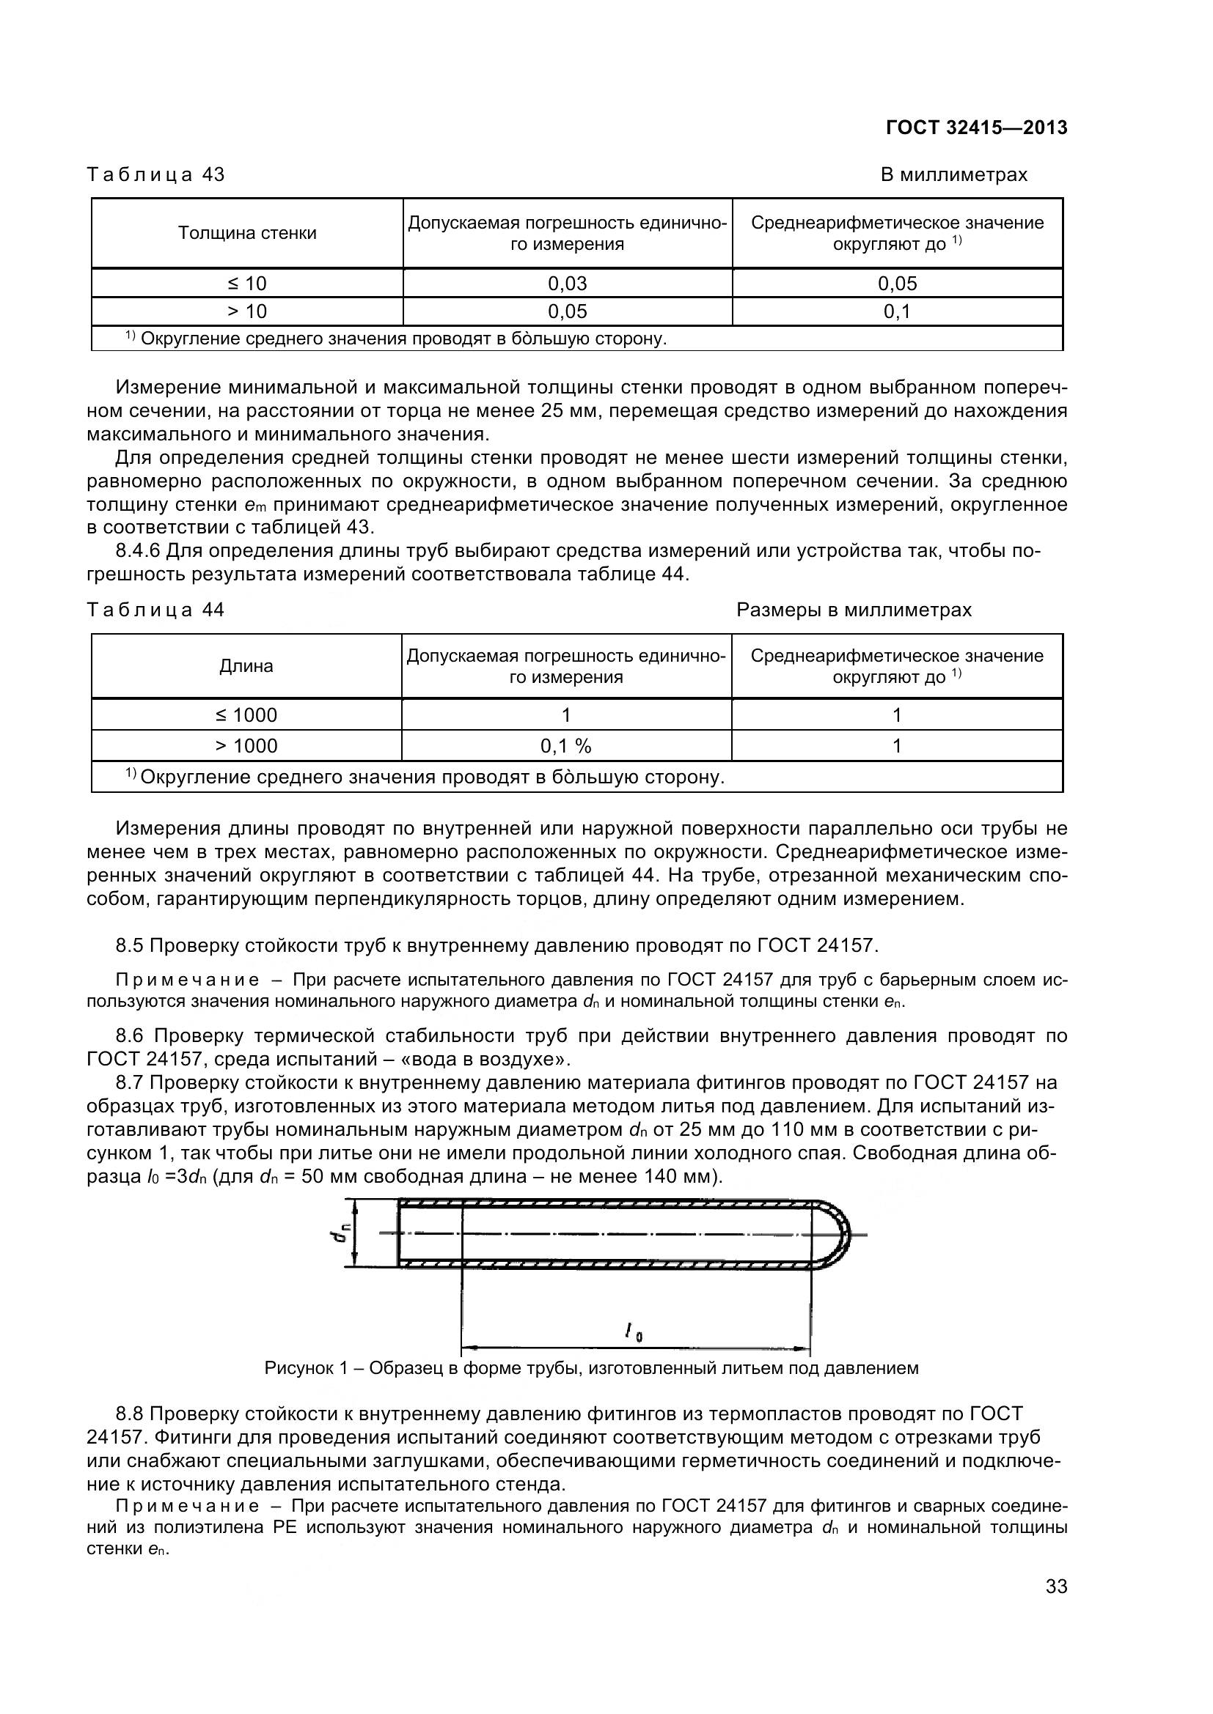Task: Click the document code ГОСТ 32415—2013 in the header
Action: (x=976, y=128)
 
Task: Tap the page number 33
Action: (x=1056, y=1607)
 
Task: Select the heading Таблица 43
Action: (x=155, y=174)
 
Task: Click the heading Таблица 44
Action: (x=155, y=610)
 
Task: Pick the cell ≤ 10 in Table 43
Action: (x=246, y=284)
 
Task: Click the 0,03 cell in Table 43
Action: (x=567, y=284)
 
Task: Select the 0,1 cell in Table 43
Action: (x=896, y=311)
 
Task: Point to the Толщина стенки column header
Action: (x=246, y=233)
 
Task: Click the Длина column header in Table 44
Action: (x=246, y=666)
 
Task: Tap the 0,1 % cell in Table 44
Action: (x=565, y=746)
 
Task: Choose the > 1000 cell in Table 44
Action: (x=246, y=746)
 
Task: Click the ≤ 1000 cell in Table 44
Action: (x=246, y=715)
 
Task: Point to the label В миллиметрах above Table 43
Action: (x=953, y=174)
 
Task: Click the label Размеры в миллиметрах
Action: (x=854, y=610)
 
